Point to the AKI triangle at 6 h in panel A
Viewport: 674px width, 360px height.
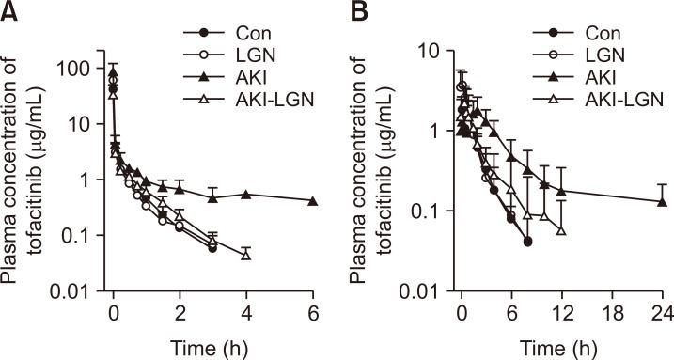[x=313, y=201]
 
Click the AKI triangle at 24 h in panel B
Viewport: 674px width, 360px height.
[x=661, y=201]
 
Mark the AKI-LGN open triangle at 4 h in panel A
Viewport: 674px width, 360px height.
[x=246, y=255]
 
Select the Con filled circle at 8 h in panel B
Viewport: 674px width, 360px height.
[x=527, y=242]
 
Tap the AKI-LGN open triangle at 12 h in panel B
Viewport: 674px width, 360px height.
[x=561, y=229]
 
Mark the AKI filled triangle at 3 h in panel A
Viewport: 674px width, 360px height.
[x=213, y=196]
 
